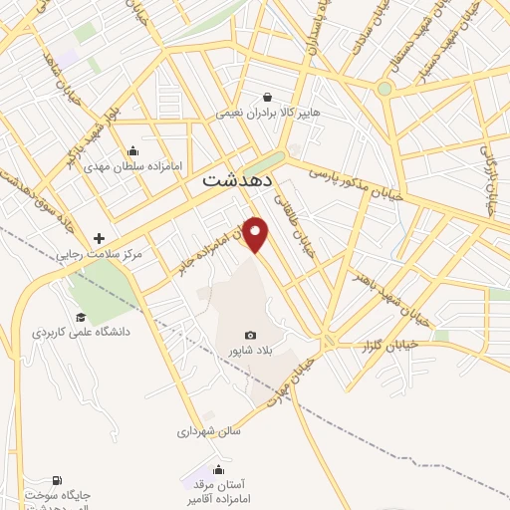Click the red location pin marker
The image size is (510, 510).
(257, 233)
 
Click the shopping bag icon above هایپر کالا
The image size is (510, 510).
(271, 96)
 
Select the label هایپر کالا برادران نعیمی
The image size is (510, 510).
(270, 114)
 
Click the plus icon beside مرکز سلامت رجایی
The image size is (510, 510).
(99, 238)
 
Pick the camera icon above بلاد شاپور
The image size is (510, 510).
(249, 336)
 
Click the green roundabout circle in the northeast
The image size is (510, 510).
(383, 89)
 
